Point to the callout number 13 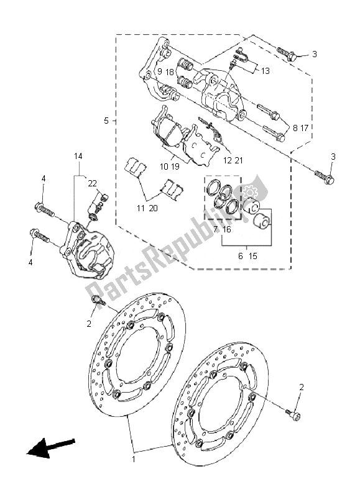265,71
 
